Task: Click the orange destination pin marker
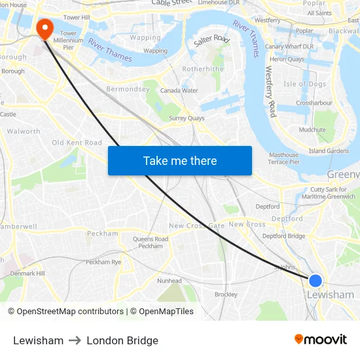pyautogui.click(x=45, y=27)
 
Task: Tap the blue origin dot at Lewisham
pyautogui.click(x=315, y=281)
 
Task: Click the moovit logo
pyautogui.click(x=321, y=340)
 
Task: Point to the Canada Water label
pyautogui.click(x=179, y=90)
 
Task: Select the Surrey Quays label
pyautogui.click(x=187, y=118)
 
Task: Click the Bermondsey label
pyautogui.click(x=128, y=89)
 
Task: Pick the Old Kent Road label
pyautogui.click(x=77, y=143)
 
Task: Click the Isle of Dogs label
pyautogui.click(x=304, y=84)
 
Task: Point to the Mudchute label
pyautogui.click(x=312, y=130)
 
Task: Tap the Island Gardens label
pyautogui.click(x=329, y=151)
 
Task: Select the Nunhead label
pyautogui.click(x=170, y=281)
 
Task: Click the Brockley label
pyautogui.click(x=226, y=295)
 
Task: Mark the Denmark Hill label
pyautogui.click(x=27, y=273)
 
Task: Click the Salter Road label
pyautogui.click(x=211, y=41)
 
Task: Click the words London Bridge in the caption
pyautogui.click(x=122, y=340)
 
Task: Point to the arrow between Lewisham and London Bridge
pyautogui.click(x=75, y=340)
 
